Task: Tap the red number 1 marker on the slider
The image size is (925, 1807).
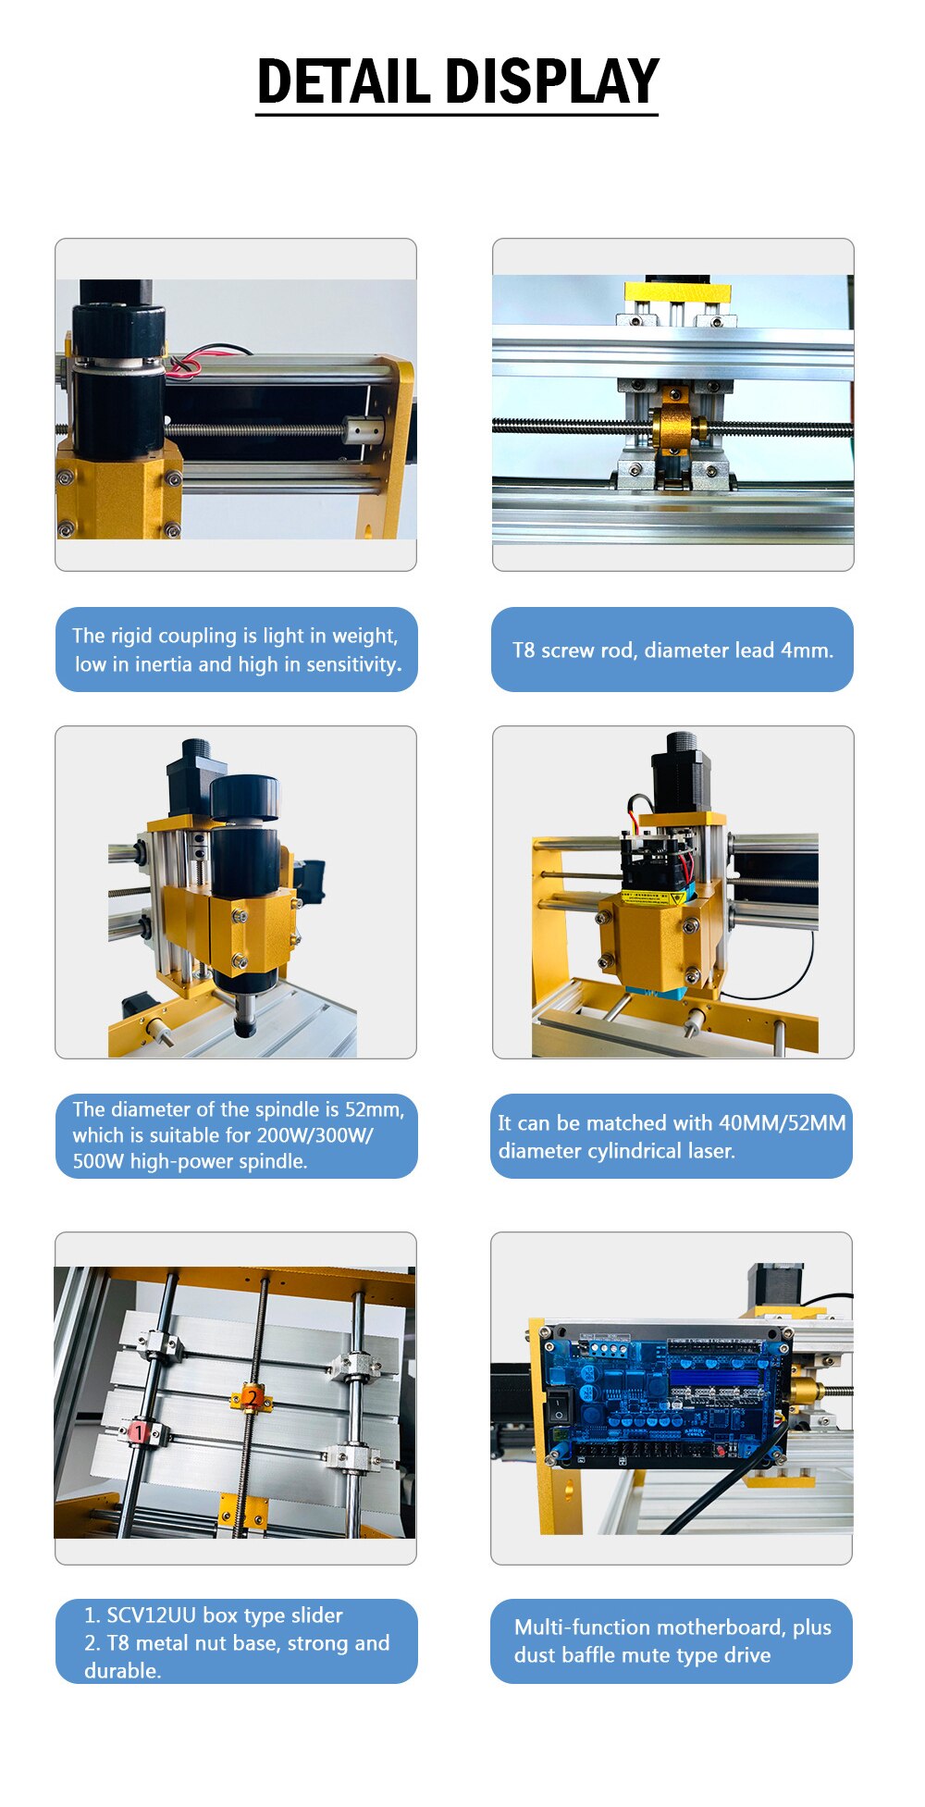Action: click(138, 1432)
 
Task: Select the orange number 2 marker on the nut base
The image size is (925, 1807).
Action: click(252, 1396)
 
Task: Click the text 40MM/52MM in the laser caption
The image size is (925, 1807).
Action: click(783, 1123)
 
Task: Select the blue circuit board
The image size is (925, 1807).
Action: click(666, 1393)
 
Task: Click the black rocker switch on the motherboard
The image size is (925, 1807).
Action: click(559, 1407)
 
